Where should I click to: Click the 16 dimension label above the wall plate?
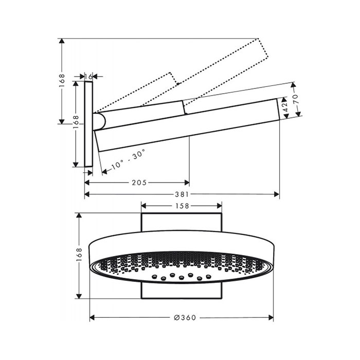88,77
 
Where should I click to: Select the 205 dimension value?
139,183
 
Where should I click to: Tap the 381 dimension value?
182,194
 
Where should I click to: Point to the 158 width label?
182,206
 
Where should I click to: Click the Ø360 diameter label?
185,317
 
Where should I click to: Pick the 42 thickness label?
285,107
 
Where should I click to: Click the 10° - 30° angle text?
129,159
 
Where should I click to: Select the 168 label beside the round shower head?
79,254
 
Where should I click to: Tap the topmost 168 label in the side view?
62,80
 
